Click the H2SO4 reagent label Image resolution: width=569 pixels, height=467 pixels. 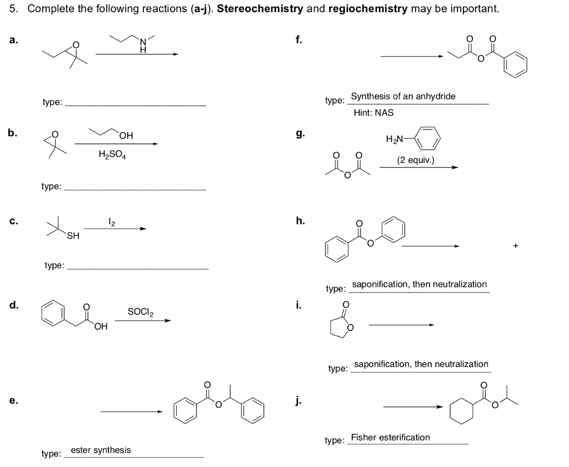tap(112, 155)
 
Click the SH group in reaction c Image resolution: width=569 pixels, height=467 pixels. tap(73, 236)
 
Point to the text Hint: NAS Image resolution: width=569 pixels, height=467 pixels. tap(373, 112)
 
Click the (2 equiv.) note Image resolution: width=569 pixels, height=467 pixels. tap(416, 161)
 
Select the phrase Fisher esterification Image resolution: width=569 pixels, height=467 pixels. tap(390, 438)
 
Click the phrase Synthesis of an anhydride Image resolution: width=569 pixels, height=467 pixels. tap(403, 96)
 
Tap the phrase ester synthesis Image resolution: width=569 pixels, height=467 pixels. tap(101, 450)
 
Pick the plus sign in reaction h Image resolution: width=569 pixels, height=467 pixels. tap(516, 246)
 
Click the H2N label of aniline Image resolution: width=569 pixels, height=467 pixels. tap(394, 139)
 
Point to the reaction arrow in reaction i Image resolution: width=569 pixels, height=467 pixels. tap(400, 325)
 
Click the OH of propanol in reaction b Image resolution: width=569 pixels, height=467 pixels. tap(126, 135)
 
